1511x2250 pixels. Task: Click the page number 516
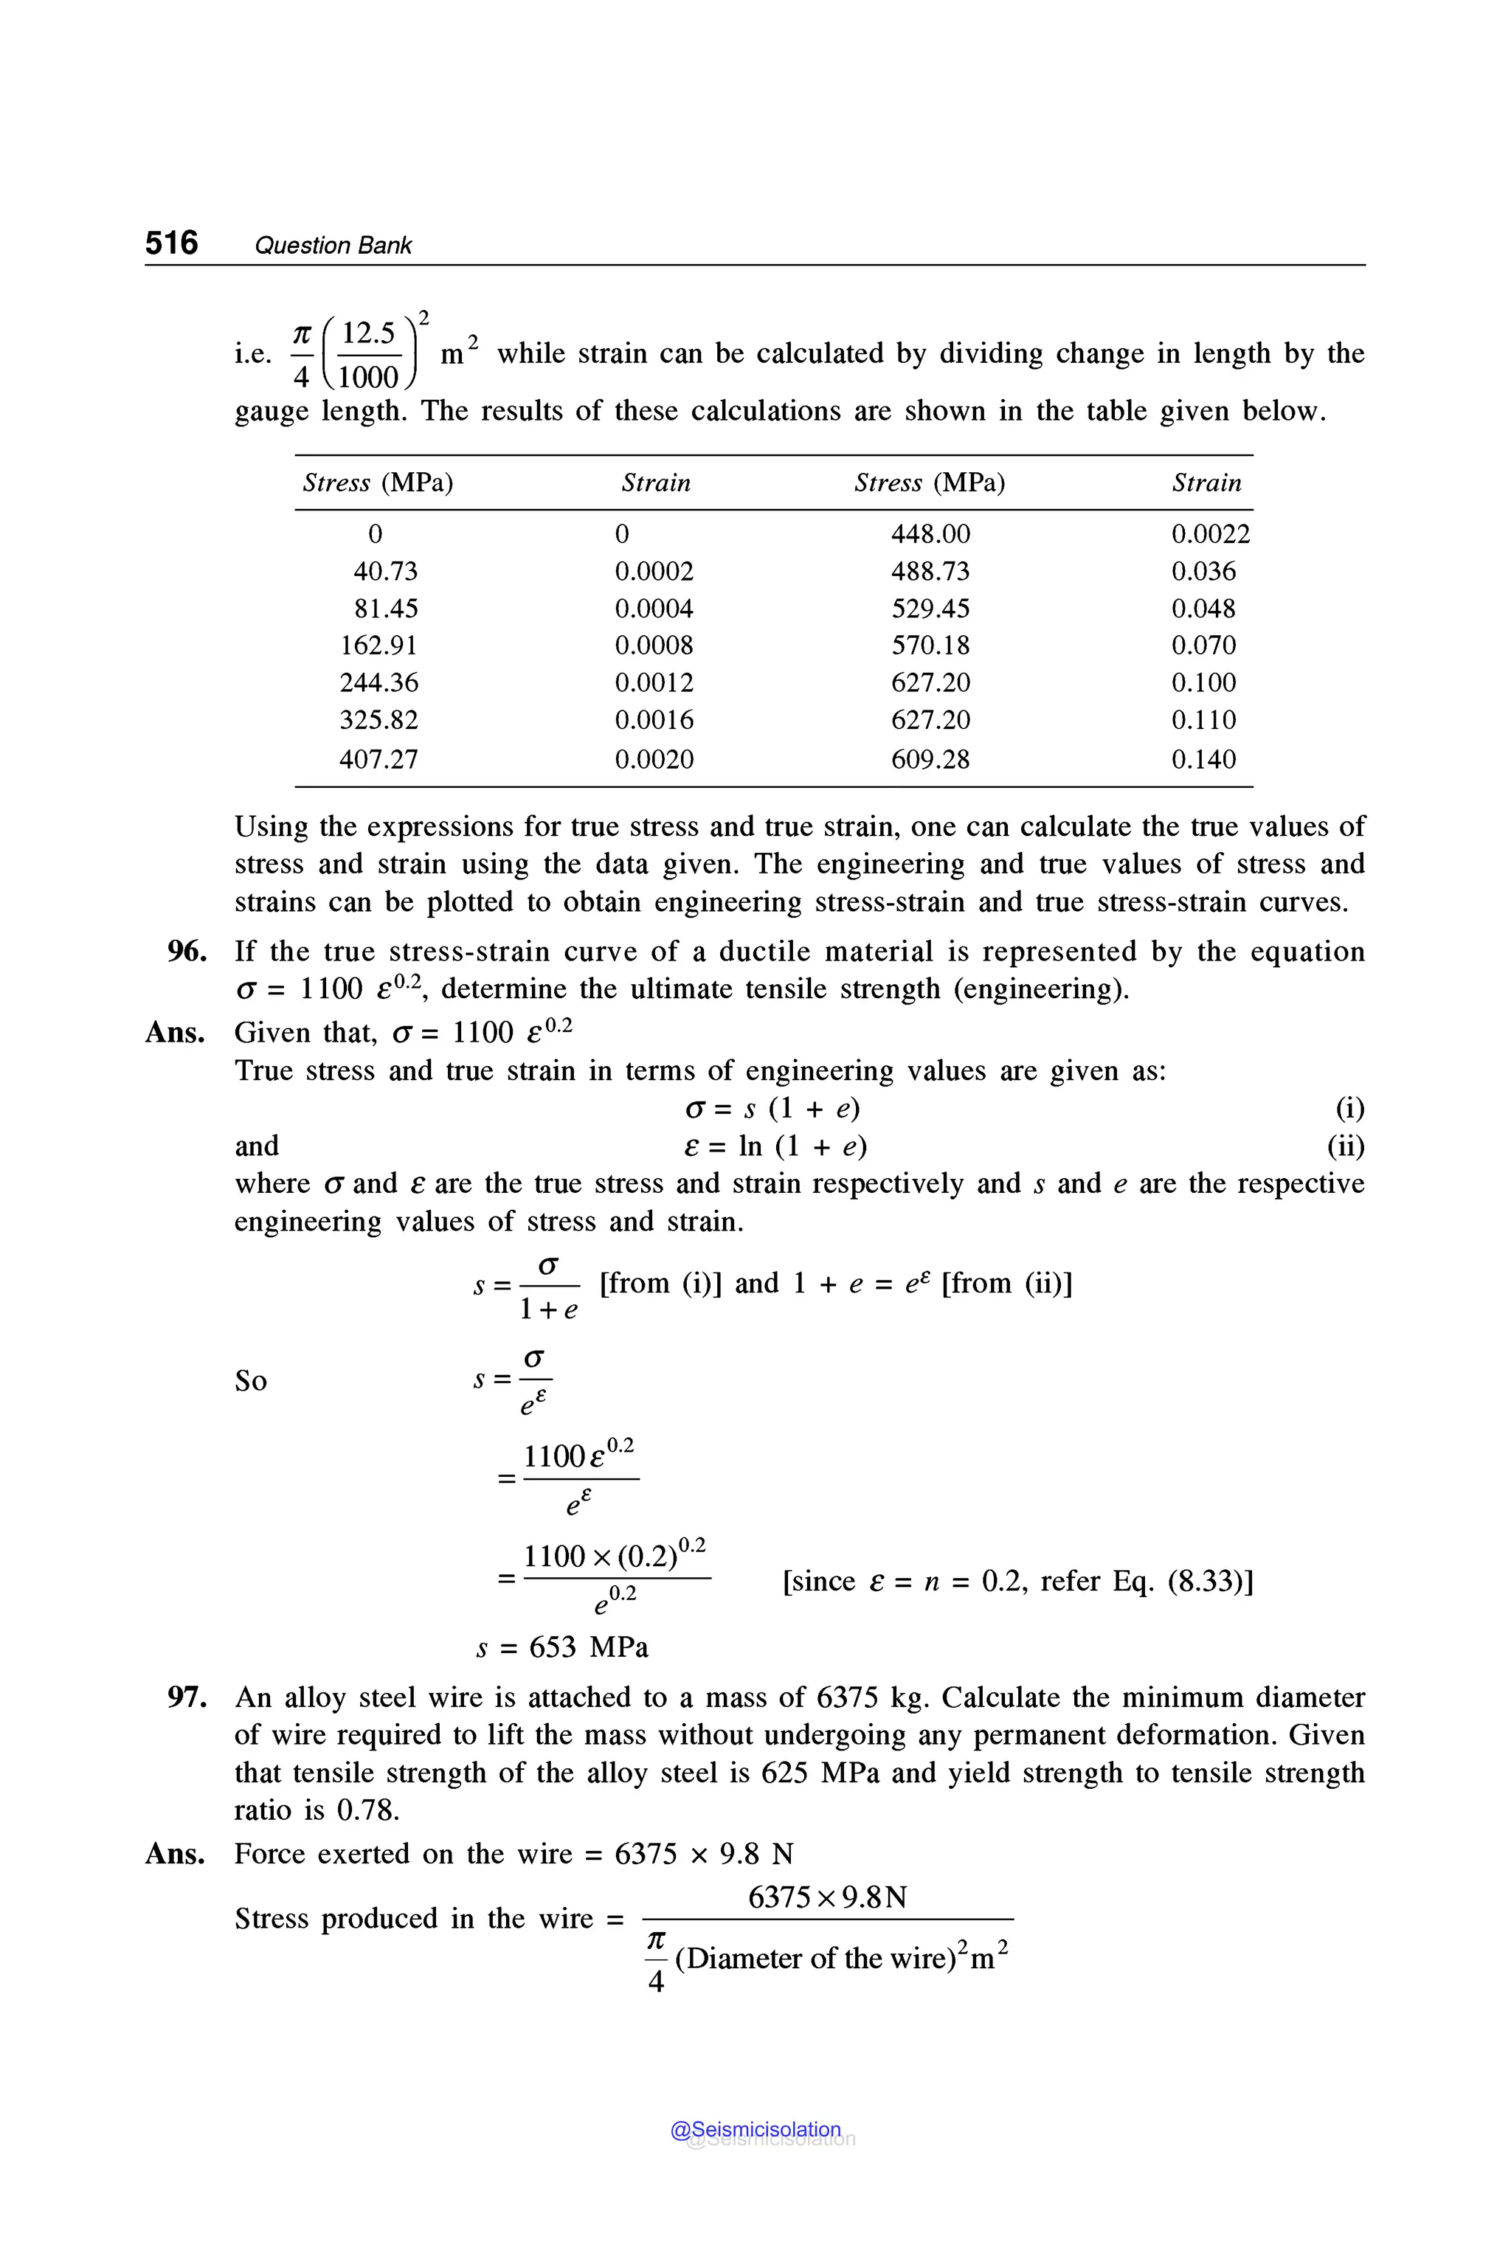pos(171,243)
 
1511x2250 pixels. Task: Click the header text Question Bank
pos(333,246)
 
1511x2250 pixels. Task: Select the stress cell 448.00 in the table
pos(930,534)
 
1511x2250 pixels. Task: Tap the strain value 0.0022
pos(1210,534)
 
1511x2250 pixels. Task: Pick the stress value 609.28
pos(930,759)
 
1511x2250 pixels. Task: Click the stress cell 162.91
pos(378,645)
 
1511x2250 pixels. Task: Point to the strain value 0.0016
pos(654,721)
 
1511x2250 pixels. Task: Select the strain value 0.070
pos(1203,645)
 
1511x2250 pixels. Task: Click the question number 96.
pos(187,952)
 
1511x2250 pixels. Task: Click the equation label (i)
pos(1349,1109)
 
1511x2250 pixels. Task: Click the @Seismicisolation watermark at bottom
pos(755,2130)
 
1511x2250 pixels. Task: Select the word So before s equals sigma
pos(251,1381)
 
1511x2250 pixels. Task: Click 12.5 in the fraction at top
pos(368,333)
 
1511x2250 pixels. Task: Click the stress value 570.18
pos(930,645)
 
